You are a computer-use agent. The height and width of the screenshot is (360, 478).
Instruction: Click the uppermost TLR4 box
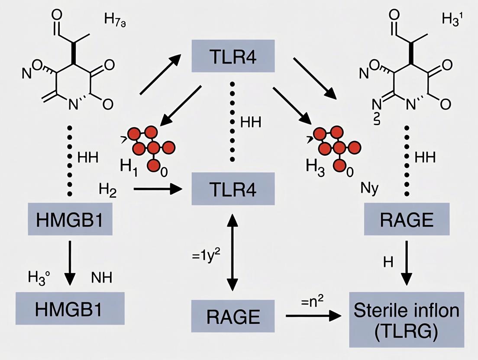233,56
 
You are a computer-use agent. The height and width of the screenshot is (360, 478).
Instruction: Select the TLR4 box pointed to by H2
233,189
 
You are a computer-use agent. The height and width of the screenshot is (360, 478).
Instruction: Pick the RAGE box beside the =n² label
233,317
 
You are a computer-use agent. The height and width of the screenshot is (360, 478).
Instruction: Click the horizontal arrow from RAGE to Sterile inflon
311,316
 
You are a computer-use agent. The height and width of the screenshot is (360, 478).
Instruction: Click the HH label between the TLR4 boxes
251,122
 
